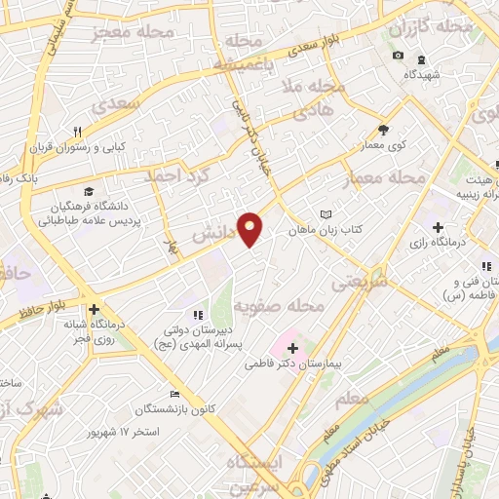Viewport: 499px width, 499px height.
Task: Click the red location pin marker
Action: coord(250,228)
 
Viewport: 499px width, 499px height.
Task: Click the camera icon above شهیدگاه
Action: coord(398,55)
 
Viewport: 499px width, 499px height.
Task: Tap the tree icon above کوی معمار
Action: coord(383,130)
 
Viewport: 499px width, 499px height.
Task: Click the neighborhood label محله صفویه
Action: coord(280,306)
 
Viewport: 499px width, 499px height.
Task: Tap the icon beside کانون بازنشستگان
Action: coord(173,395)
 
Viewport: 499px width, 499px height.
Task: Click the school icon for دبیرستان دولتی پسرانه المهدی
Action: coord(198,314)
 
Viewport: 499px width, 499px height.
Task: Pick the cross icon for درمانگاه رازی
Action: coord(438,226)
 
